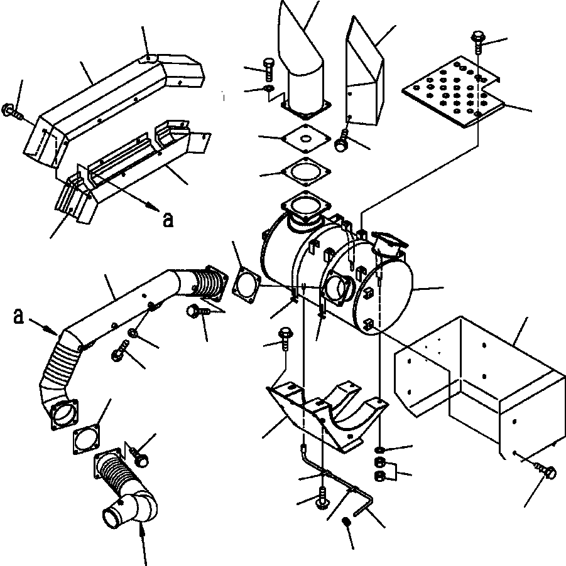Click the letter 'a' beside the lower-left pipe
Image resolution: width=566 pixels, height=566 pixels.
click(x=18, y=316)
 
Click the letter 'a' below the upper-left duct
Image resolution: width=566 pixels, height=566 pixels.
click(x=168, y=220)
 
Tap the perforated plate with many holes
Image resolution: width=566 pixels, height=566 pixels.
click(x=453, y=92)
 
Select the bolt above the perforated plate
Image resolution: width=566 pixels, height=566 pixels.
click(x=478, y=43)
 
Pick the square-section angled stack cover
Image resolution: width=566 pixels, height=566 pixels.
click(x=364, y=72)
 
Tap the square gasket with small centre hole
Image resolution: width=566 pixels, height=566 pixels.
click(x=306, y=138)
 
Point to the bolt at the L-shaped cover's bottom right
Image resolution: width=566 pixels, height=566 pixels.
click(x=545, y=471)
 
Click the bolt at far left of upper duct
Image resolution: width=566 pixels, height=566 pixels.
click(x=11, y=111)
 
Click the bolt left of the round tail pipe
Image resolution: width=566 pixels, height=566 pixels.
click(x=269, y=69)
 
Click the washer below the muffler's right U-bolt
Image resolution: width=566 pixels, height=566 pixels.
click(x=379, y=450)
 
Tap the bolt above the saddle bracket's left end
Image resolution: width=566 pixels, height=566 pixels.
click(x=286, y=339)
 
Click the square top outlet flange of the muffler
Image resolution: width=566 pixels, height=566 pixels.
click(x=306, y=208)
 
